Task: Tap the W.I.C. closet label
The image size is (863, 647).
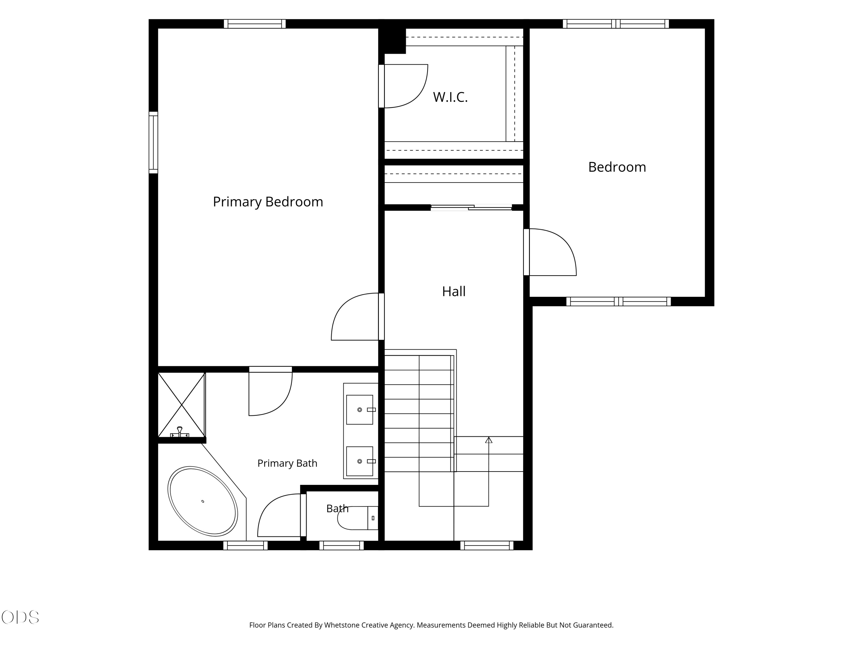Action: [x=450, y=97]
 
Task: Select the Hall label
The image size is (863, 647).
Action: [x=454, y=291]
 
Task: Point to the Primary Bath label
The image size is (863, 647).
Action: [x=287, y=463]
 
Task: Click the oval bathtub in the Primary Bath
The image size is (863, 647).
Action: [x=203, y=501]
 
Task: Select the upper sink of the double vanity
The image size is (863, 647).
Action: [x=360, y=409]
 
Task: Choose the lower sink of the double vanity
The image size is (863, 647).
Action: [x=360, y=461]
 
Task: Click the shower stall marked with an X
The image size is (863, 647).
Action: [x=182, y=405]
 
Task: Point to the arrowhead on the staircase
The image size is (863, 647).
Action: [x=489, y=440]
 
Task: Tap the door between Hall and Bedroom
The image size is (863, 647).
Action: [x=550, y=252]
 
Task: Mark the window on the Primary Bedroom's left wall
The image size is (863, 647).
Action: [x=153, y=143]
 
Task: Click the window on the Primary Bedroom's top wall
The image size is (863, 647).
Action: [x=255, y=24]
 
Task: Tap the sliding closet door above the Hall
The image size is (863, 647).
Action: [x=471, y=208]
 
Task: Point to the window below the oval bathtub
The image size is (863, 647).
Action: [x=245, y=545]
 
